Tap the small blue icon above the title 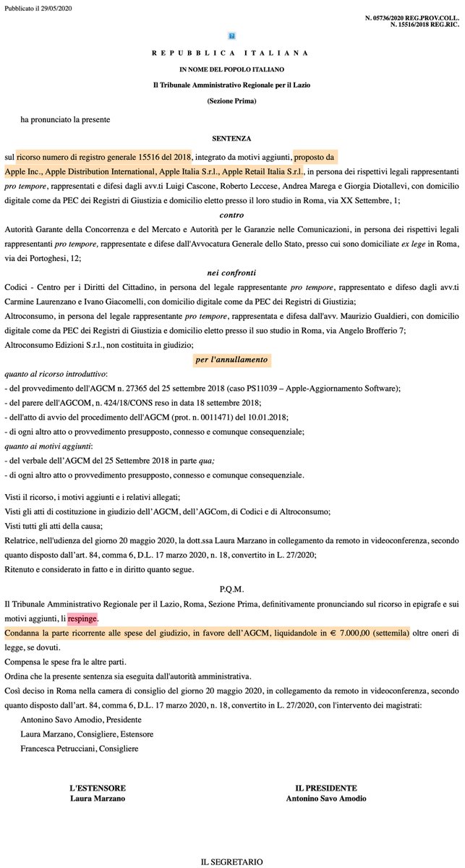(231, 35)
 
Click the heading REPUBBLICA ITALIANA (231, 53)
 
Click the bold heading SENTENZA (231, 137)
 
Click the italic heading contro (231, 214)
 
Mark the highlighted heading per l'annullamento (231, 359)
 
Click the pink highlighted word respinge (82, 599)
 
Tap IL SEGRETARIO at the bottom (231, 861)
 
